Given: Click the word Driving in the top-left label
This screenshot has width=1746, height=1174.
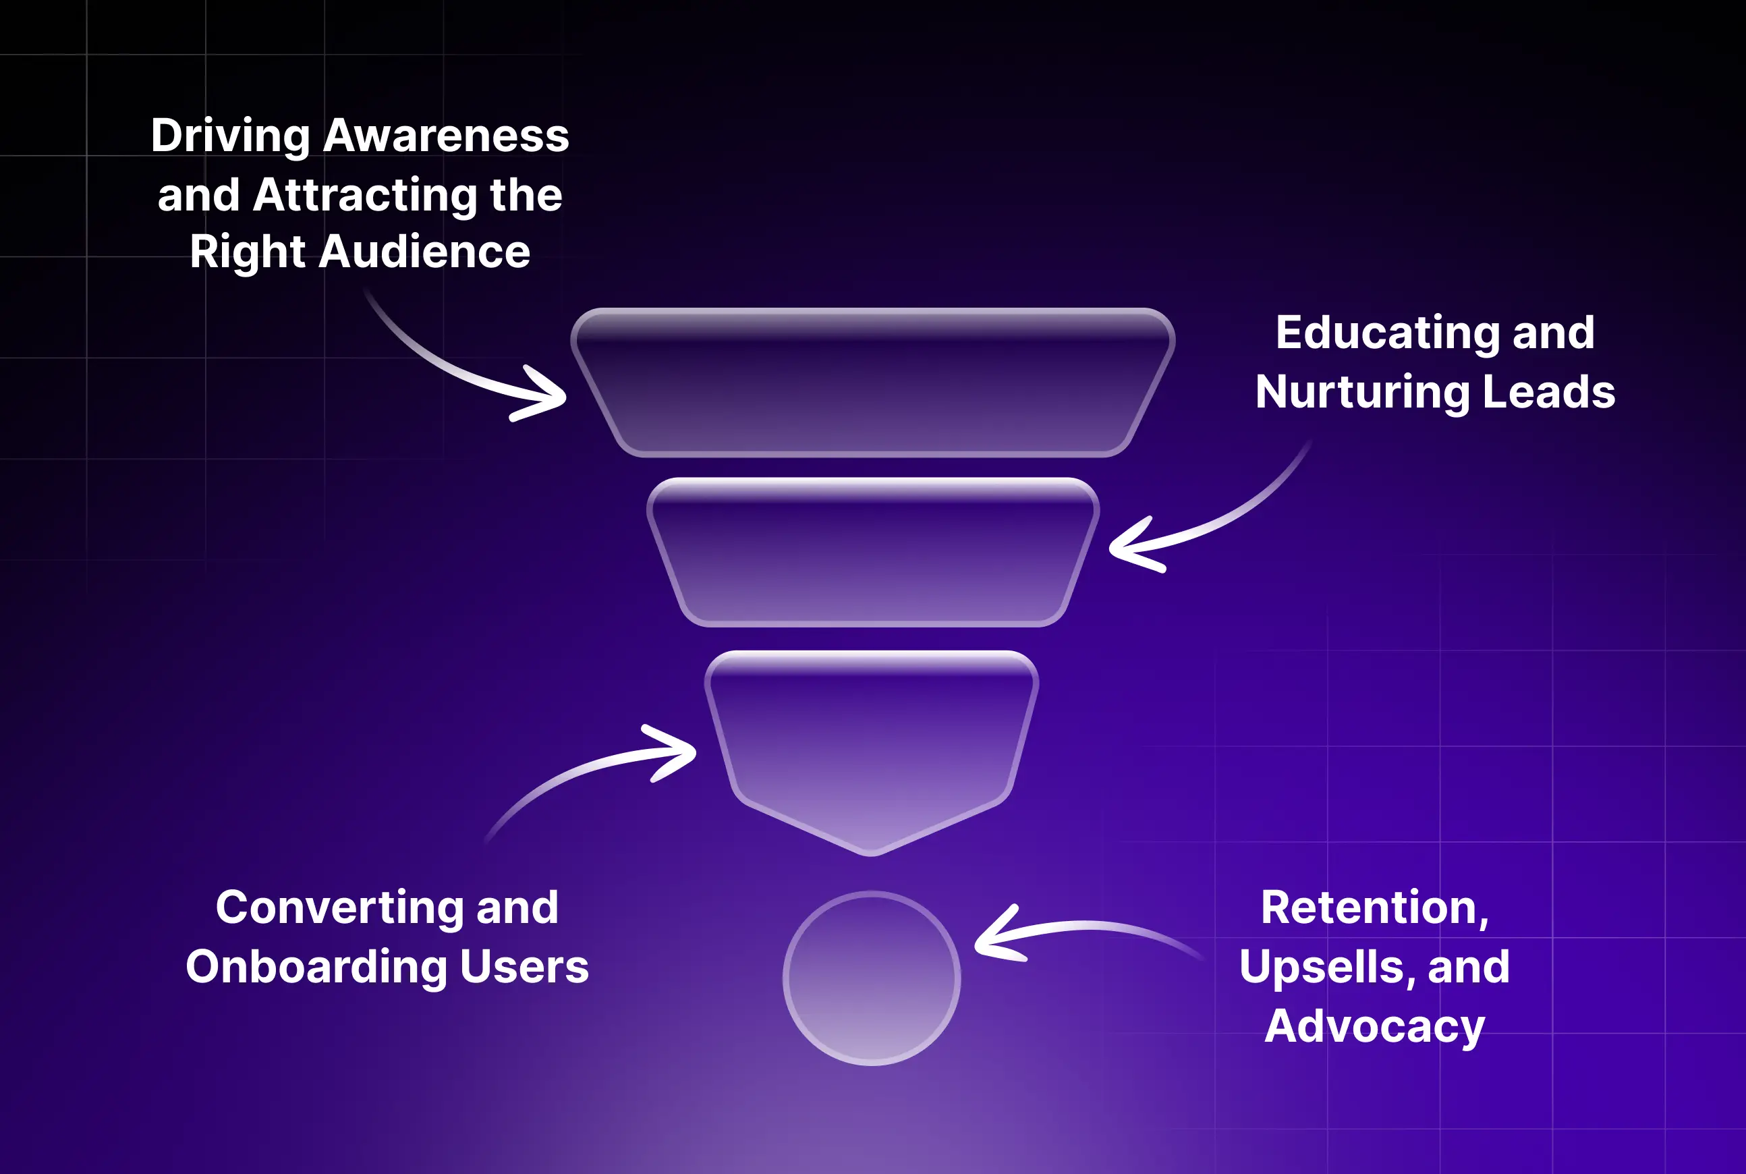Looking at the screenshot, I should coord(230,137).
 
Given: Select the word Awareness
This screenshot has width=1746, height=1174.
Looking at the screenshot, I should coord(446,137).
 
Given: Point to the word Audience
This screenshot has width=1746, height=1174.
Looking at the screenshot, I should coord(424,252).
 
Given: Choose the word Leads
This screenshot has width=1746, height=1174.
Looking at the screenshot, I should coord(1548,391).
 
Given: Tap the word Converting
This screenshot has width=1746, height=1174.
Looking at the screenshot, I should coord(339,908).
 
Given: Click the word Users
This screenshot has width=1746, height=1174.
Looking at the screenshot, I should coord(524,968).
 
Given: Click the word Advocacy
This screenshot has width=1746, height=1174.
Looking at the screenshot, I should coord(1375,1026).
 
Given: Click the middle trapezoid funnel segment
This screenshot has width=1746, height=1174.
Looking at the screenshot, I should coord(872,552).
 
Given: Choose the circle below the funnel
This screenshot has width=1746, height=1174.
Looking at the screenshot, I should coord(872,978).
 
